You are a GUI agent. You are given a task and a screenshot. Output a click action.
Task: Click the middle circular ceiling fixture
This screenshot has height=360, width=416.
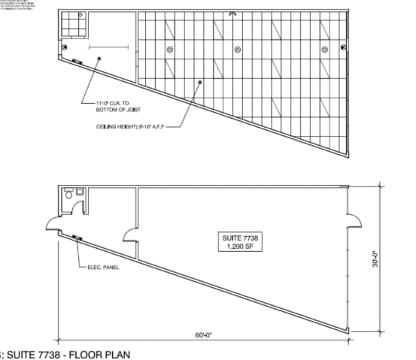[x=238, y=50]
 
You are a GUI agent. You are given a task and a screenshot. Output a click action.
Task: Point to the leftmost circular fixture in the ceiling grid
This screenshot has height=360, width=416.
[x=170, y=50]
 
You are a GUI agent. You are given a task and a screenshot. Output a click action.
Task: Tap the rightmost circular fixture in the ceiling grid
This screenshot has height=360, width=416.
[x=325, y=50]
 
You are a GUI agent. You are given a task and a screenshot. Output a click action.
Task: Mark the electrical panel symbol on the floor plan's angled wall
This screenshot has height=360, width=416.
[x=77, y=238]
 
